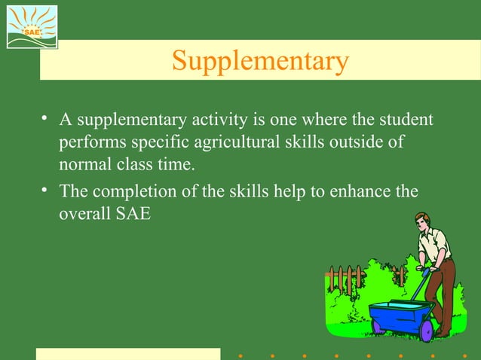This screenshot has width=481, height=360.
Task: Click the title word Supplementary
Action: pos(259,61)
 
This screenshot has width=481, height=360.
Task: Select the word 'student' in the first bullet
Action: pos(406,120)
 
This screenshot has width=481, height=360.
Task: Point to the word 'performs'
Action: pos(88,142)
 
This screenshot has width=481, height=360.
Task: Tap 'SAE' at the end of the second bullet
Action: pos(134,213)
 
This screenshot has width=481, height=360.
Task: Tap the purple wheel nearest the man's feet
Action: pos(427,329)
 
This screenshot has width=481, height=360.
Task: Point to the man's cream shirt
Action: pos(437,245)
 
